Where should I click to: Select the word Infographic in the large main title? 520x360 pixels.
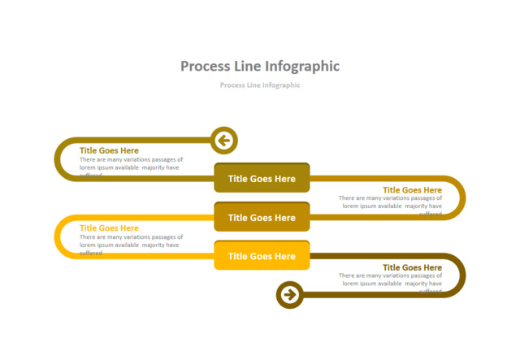coord(301,67)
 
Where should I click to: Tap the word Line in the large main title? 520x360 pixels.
coord(249,67)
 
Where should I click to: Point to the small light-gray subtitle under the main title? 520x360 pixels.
coord(260,85)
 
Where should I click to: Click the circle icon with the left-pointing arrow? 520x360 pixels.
coord(224,141)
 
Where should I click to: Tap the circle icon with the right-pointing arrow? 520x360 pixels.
coord(290,294)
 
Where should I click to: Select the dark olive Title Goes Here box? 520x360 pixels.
coord(262,179)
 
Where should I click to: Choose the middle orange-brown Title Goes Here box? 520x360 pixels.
coord(262,218)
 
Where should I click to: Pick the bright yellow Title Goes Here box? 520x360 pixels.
coord(262,256)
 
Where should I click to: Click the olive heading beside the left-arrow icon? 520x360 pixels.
coord(109,150)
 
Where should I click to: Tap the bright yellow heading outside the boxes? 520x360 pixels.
coord(109,228)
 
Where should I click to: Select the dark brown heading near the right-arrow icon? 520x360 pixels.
coord(412,267)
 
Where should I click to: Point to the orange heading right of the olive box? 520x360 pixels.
coord(412,190)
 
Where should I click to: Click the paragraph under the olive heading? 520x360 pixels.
coord(131,164)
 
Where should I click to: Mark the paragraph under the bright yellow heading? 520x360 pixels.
coord(131,241)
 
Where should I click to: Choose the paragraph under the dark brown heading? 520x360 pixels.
coord(391,280)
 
